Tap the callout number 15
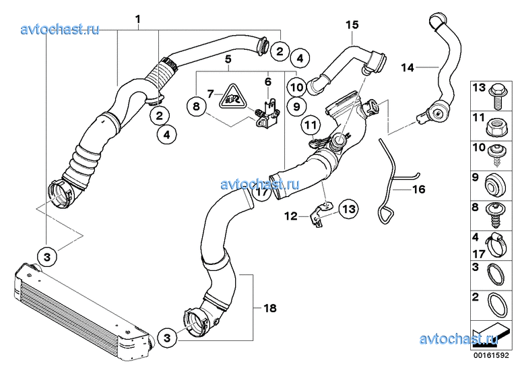pos(353,26)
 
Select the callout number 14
pos(408,67)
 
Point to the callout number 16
pos(418,189)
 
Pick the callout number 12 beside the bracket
pos(290,216)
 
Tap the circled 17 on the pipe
pos(263,192)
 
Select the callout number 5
pos(228,59)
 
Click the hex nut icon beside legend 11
pos(494,124)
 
